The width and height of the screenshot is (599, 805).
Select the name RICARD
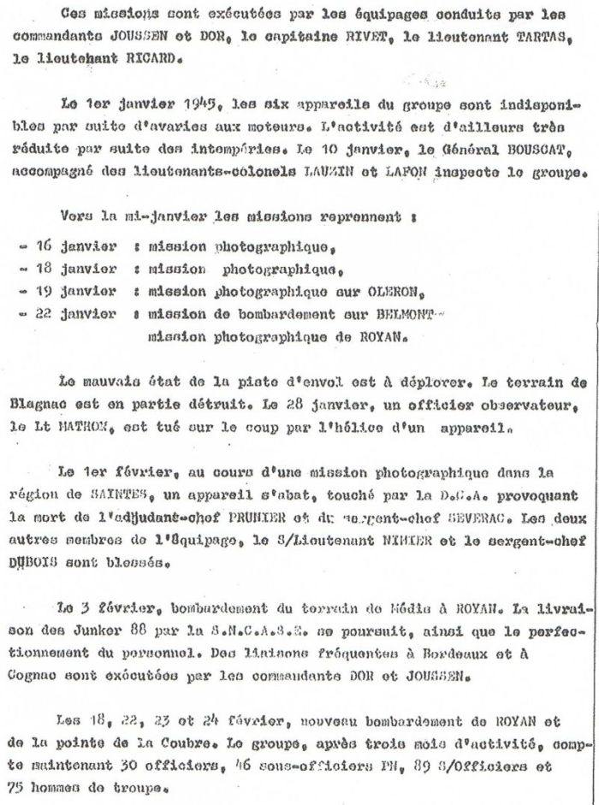[x=138, y=57]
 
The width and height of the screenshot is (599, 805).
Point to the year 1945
[x=200, y=106]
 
